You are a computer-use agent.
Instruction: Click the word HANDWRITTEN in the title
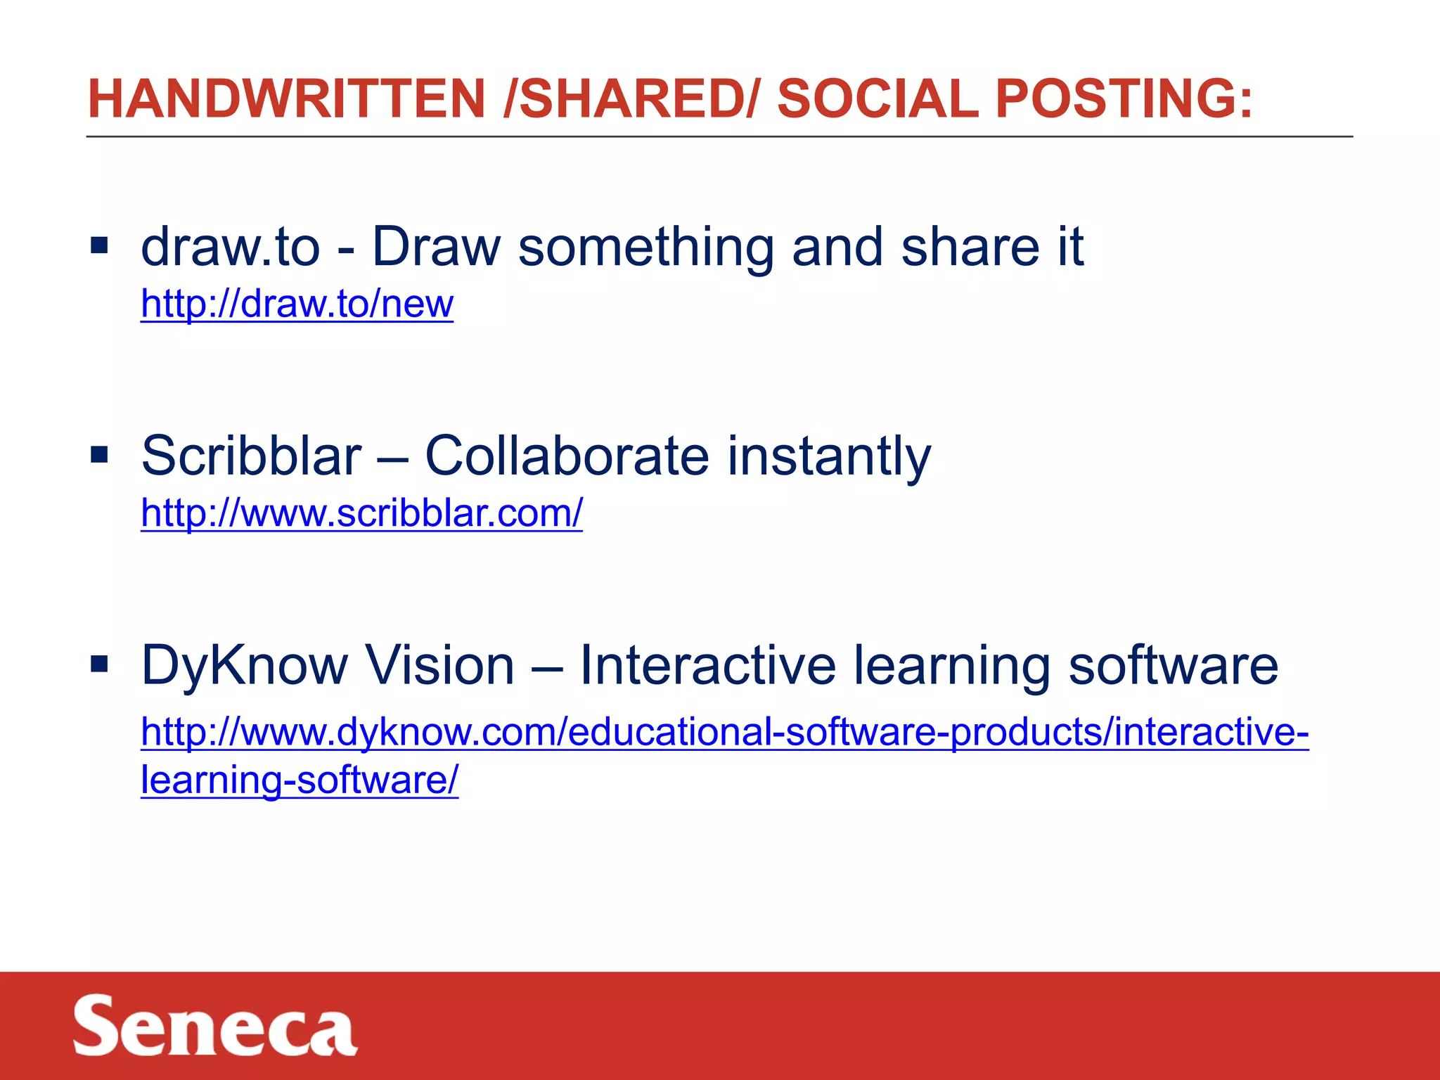(286, 98)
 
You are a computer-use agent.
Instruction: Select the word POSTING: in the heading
(1124, 98)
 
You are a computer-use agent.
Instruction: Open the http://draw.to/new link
(297, 304)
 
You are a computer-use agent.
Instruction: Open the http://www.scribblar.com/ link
(361, 513)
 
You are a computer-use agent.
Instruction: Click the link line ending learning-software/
(300, 780)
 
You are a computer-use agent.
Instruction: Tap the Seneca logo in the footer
(215, 1025)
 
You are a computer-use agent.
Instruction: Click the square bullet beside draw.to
(99, 245)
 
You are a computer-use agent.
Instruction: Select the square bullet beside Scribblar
(99, 455)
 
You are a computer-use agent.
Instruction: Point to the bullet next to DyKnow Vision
(99, 664)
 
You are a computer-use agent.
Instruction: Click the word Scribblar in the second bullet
(251, 456)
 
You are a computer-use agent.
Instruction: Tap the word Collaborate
(567, 456)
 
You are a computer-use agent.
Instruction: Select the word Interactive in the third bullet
(707, 665)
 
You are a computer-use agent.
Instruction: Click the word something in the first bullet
(645, 247)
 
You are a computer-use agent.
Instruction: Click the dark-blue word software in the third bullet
(1173, 665)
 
